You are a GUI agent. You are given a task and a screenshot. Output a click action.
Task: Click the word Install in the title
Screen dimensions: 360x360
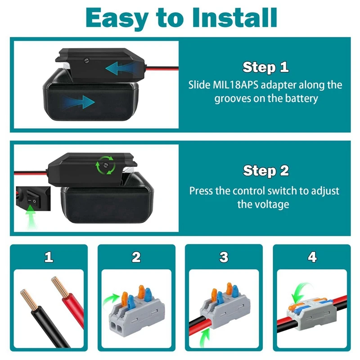235,18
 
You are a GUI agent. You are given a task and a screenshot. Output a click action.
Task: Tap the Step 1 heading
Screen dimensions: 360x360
265,67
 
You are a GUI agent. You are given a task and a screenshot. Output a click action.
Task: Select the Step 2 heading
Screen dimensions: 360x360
266,171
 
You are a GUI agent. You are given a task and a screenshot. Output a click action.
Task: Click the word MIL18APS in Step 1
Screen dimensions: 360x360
235,85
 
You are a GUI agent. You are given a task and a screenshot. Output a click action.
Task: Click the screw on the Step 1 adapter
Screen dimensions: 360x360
86,61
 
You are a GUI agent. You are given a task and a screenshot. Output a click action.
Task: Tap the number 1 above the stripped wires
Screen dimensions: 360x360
49,257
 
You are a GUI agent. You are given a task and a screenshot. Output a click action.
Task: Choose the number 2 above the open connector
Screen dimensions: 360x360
136,257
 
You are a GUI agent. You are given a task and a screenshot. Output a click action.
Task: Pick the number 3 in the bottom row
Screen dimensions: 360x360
224,257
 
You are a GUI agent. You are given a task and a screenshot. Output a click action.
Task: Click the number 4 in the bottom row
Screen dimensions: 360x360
312,257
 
